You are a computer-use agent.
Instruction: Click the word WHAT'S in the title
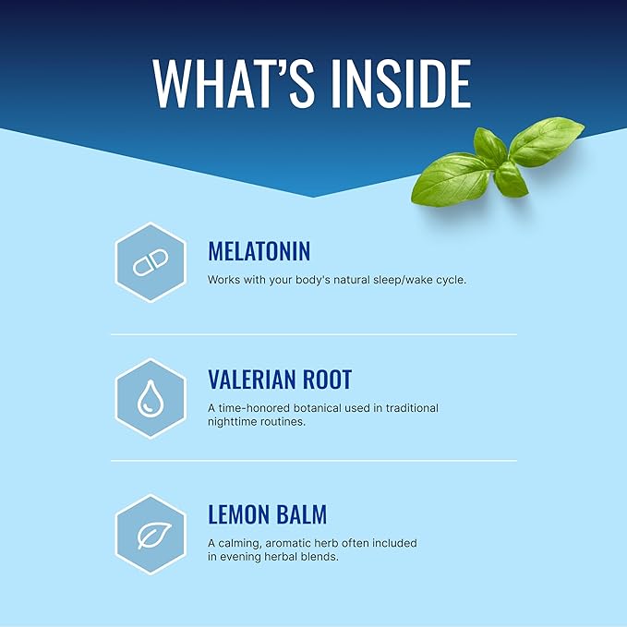(x=233, y=84)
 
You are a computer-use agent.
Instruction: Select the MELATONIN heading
(x=259, y=251)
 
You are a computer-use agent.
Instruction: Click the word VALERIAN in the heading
(x=251, y=380)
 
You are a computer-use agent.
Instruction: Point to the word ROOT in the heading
(x=327, y=380)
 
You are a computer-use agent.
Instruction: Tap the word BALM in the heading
(x=302, y=514)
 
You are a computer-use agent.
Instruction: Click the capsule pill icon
(x=151, y=262)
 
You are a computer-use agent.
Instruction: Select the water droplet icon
(x=151, y=398)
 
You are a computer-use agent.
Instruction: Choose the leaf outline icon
(x=154, y=536)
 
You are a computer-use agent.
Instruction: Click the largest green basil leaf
(x=450, y=181)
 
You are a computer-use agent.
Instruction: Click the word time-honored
(x=254, y=408)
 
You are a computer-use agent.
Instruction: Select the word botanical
(x=318, y=408)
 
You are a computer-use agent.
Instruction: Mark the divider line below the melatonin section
(x=314, y=334)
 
